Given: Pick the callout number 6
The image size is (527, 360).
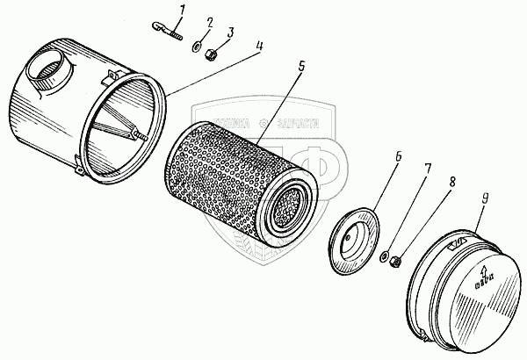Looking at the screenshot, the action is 397,158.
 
